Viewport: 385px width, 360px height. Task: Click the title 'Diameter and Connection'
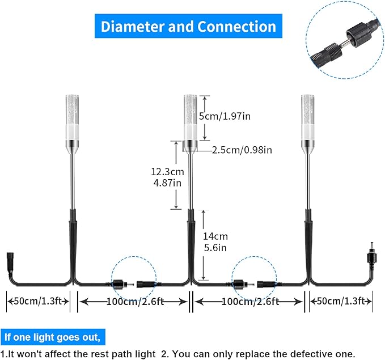[188, 27]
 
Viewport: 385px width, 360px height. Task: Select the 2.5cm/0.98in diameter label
[242, 150]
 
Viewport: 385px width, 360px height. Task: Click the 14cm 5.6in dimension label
[216, 242]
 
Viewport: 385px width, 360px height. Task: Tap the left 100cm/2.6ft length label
[134, 302]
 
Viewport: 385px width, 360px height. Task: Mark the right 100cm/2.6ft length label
[250, 302]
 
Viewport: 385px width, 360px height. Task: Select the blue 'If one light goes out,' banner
[52, 337]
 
